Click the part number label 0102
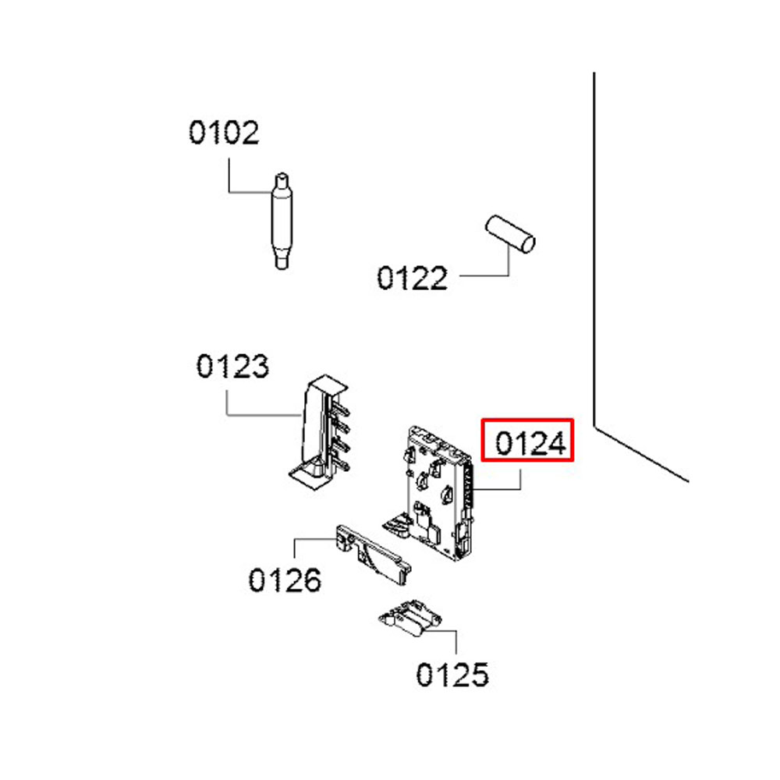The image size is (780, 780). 223,133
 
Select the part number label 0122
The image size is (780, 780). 413,278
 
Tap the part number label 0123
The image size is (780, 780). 232,366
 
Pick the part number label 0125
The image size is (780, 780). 452,674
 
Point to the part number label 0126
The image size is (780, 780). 285,580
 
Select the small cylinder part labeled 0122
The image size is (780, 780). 511,233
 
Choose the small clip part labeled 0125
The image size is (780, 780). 409,617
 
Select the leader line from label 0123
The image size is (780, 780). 227,401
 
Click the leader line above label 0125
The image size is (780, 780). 456,643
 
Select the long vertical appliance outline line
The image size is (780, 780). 594,250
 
